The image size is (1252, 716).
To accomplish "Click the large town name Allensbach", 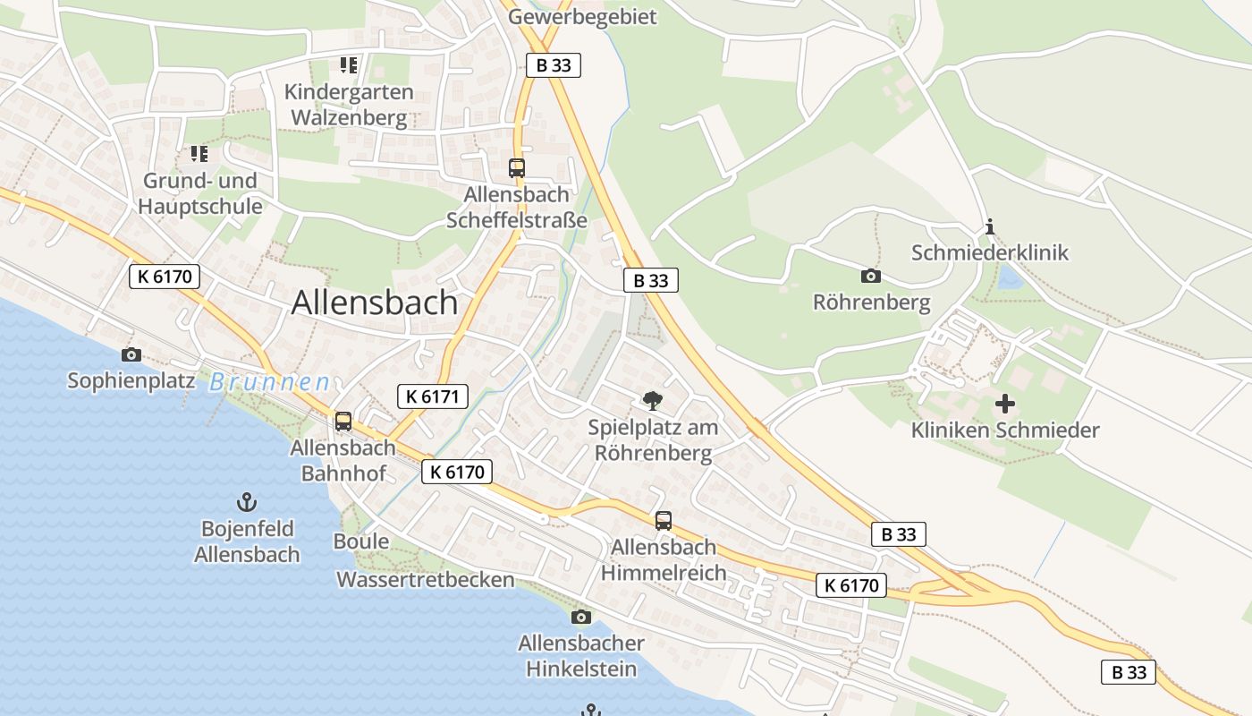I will coord(375,303).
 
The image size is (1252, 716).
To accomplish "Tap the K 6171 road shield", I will coord(433,396).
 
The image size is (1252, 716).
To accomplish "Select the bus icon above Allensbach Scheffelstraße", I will coord(516,167).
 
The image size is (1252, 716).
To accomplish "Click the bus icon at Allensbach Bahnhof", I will coord(343,422).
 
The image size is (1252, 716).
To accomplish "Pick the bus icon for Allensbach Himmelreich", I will coord(663,520).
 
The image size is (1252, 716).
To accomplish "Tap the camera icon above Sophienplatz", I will coord(131,354).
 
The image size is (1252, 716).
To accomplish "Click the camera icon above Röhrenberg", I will coord(870,276).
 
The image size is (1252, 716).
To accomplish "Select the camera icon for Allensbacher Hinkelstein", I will coord(580,617).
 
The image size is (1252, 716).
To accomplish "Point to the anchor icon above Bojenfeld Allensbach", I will coord(246,502).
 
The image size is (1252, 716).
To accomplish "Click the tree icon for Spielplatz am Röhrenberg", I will coord(653,400).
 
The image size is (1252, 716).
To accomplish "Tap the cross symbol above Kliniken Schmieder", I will coord(1004,404).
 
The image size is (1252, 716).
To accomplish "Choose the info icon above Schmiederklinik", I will coord(989,227).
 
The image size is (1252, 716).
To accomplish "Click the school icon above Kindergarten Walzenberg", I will coord(348,64).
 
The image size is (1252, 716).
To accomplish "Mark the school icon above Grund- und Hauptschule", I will coord(199,154).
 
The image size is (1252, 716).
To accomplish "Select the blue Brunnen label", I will coord(269,382).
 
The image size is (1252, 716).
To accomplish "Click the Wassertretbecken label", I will coord(425,580).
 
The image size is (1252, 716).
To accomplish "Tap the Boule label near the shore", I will coord(361,541).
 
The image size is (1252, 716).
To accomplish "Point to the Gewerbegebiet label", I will coord(582,16).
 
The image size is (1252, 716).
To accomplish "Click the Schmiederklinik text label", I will coord(989,252).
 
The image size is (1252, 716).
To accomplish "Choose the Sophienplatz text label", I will coord(131,380).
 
